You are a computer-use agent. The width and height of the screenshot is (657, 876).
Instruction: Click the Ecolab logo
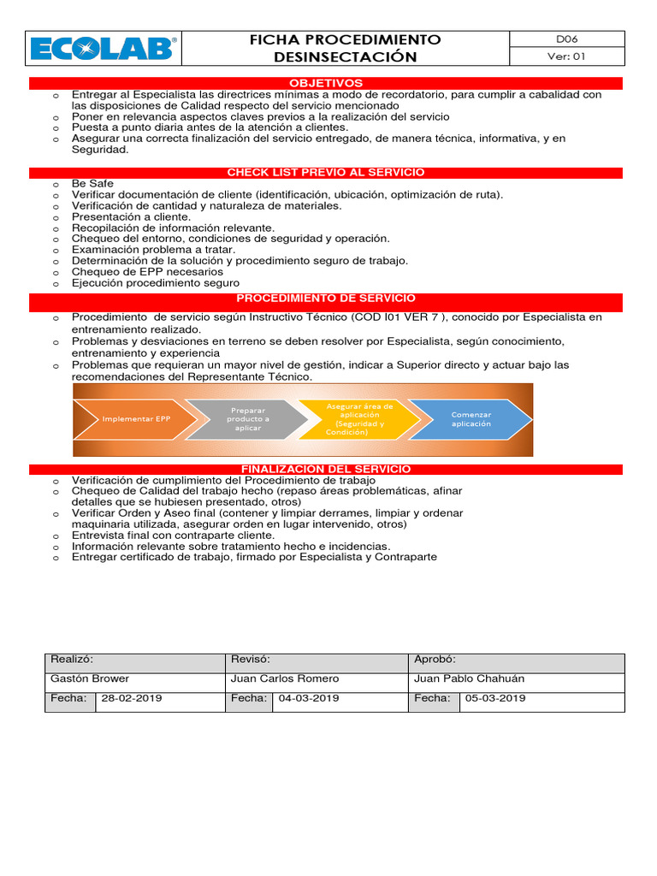coord(104,49)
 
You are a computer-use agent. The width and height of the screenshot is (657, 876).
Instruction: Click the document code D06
coord(567,39)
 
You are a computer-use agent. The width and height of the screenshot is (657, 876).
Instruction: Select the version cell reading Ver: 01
coord(567,57)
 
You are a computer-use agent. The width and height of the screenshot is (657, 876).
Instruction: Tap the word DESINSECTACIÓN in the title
coord(345,57)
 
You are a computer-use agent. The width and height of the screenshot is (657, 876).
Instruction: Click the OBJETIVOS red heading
coord(326,83)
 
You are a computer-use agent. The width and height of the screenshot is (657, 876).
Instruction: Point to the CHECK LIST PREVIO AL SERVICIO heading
coord(326,173)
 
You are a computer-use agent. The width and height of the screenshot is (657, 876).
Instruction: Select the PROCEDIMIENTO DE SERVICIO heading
coord(326,299)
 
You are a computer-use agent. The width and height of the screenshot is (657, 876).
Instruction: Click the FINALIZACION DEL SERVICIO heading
coord(326,469)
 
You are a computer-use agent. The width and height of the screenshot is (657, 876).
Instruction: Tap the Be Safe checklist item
coord(92,184)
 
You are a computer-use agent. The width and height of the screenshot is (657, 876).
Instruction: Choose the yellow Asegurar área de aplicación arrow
coord(360,419)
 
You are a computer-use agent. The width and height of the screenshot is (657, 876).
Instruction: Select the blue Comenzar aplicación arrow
coord(471,419)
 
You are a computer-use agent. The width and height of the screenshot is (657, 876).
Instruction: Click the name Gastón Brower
coord(90,678)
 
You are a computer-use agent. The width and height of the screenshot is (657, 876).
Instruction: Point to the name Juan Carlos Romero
coord(285,678)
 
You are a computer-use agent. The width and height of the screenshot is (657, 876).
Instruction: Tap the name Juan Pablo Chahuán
coord(469,678)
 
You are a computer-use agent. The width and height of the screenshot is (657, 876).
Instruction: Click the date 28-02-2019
coord(132,698)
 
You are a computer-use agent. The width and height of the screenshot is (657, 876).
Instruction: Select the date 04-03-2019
coord(309,698)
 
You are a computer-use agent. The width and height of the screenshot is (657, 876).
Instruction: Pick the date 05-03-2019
coord(495,698)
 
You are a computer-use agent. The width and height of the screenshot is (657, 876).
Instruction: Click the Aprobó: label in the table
coord(435,660)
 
